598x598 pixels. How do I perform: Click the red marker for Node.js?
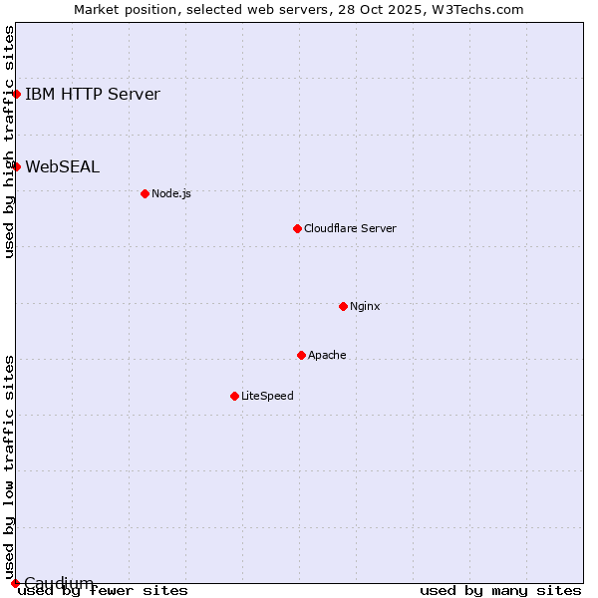coord(145,193)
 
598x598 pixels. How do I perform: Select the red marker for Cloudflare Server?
coord(297,228)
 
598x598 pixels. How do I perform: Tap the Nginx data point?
coord(343,306)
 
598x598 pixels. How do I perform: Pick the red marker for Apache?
coord(301,355)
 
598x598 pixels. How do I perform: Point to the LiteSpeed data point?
coord(234,396)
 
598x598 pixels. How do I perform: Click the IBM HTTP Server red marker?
coord(17,95)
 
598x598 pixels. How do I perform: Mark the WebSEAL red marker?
coord(17,166)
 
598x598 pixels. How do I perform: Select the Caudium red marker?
coord(15,583)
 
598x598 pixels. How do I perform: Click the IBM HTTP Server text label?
coord(92,95)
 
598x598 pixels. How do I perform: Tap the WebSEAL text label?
coord(62,166)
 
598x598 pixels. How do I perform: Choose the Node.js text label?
coord(170,193)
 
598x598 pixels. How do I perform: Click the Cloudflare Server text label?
coord(350,228)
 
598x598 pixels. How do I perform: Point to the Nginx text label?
coord(365,306)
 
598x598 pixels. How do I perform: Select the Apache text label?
coord(327,355)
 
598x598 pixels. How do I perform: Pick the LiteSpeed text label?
coord(267,396)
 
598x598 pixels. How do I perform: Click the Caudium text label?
coord(59,583)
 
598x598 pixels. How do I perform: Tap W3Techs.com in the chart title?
coord(477,9)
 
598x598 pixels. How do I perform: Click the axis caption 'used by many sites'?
coord(500,591)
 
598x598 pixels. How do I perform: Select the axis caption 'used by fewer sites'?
coord(103,591)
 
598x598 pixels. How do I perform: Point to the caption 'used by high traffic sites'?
coord(9,142)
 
